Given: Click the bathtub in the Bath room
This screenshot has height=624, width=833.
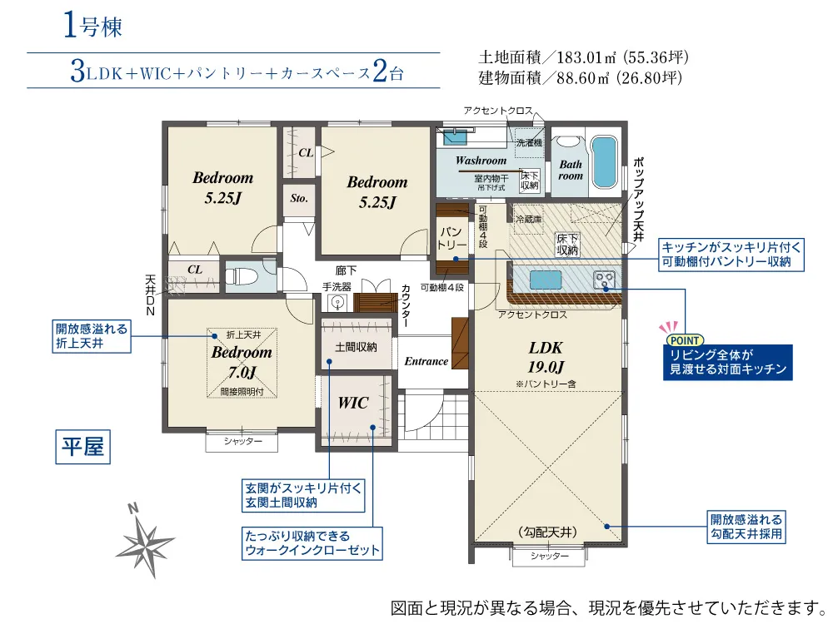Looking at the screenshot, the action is tap(604, 161).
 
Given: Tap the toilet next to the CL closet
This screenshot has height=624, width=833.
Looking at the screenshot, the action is tap(241, 276).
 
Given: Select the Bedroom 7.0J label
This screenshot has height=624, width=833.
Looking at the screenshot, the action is tap(242, 362).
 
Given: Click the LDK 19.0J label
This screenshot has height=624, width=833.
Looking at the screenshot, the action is tap(546, 357).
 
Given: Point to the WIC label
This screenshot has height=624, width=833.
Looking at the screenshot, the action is tap(353, 403).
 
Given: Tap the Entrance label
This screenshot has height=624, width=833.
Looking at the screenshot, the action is tap(426, 361).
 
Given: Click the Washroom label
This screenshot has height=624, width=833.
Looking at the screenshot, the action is tap(481, 161).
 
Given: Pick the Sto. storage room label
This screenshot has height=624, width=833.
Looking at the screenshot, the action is tap(299, 199).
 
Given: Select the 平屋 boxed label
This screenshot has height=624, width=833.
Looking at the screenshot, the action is tap(82, 447).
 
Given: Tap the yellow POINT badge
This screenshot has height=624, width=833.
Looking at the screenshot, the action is tap(685, 340).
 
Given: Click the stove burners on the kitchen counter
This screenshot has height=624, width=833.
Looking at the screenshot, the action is tap(605, 280).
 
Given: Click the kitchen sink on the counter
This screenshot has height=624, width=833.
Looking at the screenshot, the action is tap(546, 280).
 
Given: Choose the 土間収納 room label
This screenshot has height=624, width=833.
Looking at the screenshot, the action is tap(356, 347).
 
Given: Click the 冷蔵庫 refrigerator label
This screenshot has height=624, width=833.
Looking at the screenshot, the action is tap(529, 219).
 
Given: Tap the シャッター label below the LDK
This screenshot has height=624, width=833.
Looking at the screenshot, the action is tap(550, 556).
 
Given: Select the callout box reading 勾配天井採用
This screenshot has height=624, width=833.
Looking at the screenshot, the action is tap(746, 527).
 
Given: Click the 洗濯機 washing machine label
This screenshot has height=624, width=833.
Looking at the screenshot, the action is tap(529, 143).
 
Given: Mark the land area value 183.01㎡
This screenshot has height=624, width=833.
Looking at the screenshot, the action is tap(586, 57).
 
